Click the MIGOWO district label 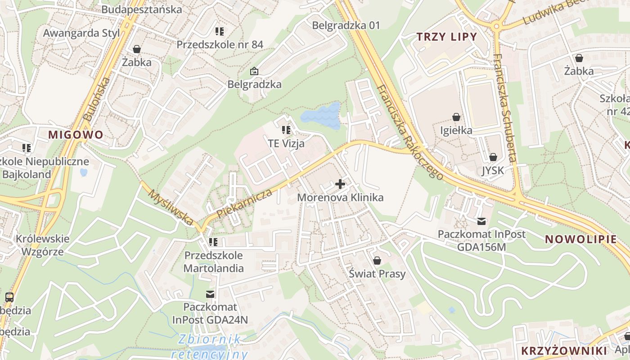coord(76,135)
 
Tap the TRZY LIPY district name coord(446,37)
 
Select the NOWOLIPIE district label coord(581,239)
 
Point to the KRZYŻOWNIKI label coord(564,351)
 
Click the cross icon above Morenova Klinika coord(340,184)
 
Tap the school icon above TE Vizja coord(286,130)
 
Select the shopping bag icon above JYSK coord(493,157)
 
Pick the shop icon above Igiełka coord(456,117)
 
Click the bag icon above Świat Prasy coord(377,261)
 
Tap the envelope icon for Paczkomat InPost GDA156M coord(481,221)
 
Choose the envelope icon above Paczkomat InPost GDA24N coord(210,294)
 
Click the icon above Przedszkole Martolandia coord(213,242)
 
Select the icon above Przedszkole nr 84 coord(220,31)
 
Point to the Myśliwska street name coord(171,207)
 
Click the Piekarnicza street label coord(245,204)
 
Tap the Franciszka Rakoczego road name coord(410,133)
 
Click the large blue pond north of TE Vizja coord(321,116)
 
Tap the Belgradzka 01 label coord(346,25)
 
